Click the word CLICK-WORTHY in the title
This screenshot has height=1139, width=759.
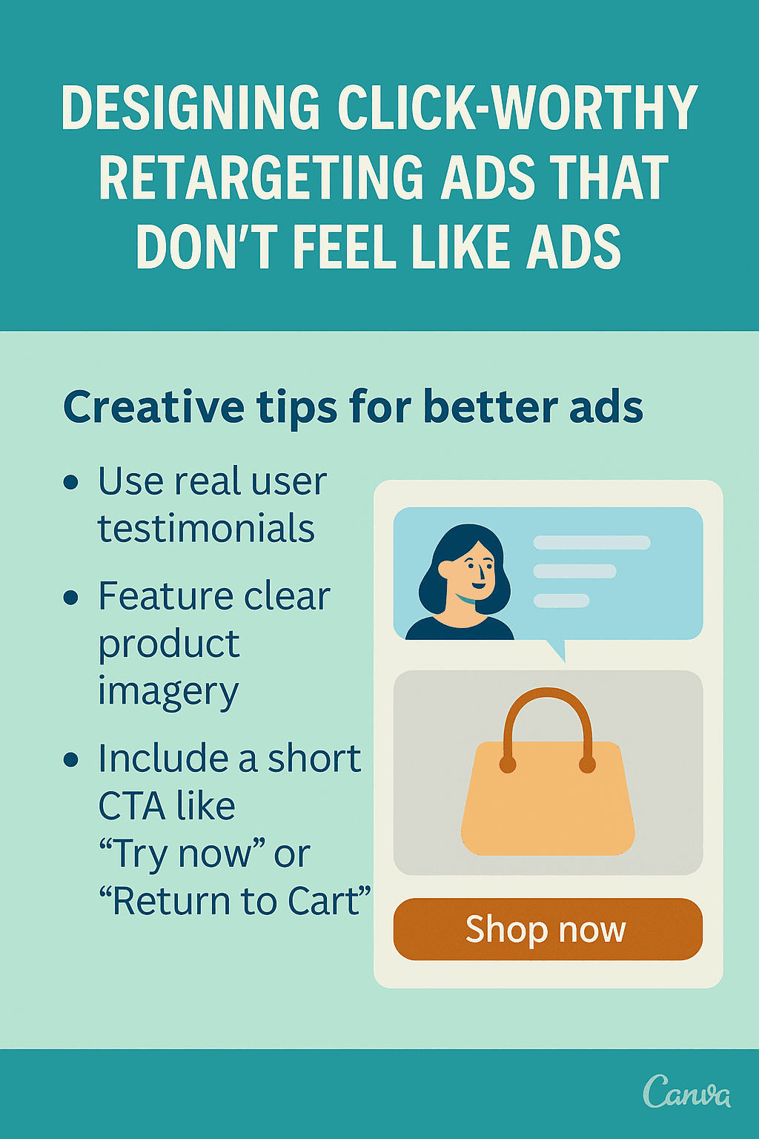(x=517, y=108)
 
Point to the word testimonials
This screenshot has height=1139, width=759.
(x=206, y=529)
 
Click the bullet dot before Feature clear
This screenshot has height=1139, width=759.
(x=71, y=598)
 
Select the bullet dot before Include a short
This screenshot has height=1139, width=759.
(x=71, y=760)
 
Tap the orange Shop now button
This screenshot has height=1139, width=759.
(x=547, y=929)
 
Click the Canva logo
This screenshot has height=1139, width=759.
(x=686, y=1092)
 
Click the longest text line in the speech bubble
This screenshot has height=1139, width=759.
(x=591, y=543)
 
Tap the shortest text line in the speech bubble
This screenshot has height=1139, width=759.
(x=561, y=601)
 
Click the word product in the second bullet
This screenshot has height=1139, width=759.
(x=169, y=644)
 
